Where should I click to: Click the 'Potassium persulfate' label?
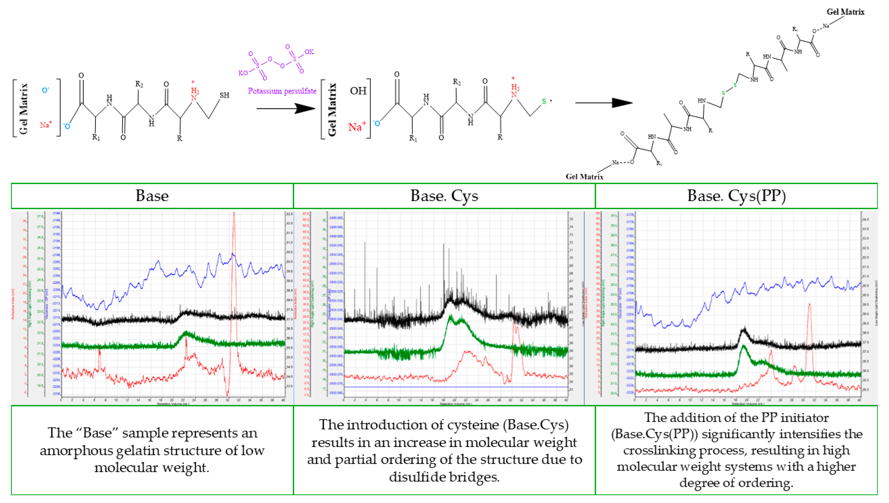(282, 91)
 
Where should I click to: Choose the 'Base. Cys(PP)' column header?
(736, 196)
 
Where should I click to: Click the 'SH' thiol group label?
(225, 95)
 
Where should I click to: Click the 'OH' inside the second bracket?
(358, 91)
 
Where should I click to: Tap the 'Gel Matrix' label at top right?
(845, 12)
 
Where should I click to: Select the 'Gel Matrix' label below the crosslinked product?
(584, 177)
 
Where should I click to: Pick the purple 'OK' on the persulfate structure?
(309, 52)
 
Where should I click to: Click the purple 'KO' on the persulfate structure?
(243, 73)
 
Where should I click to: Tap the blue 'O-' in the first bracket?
(45, 91)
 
